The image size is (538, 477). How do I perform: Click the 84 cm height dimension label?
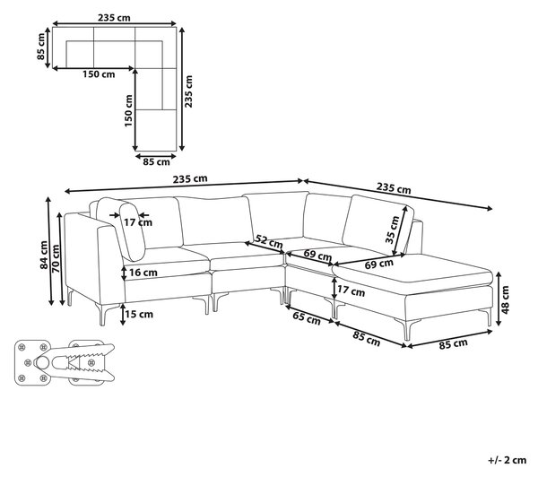tap(44, 255)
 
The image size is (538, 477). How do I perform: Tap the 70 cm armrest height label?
tap(55, 259)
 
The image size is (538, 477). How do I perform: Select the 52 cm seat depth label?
tap(269, 241)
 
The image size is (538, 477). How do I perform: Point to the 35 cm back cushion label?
tap(392, 230)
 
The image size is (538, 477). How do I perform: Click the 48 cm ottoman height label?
tap(505, 300)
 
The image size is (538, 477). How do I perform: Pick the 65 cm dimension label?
tap(307, 318)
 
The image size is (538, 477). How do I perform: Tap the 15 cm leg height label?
tap(140, 314)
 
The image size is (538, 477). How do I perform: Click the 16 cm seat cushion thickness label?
tap(143, 273)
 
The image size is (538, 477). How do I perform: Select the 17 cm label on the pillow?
tap(138, 222)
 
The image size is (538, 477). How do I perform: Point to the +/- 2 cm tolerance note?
tap(508, 460)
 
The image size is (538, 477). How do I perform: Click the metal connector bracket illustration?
tap(65, 362)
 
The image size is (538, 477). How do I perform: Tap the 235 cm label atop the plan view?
tap(114, 18)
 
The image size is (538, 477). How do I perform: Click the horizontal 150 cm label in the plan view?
tap(99, 74)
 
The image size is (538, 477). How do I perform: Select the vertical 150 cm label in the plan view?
tap(128, 110)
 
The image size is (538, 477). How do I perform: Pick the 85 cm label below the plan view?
tap(156, 161)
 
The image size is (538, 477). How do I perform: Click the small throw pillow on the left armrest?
tap(132, 231)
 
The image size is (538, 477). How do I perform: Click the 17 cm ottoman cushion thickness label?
tap(351, 291)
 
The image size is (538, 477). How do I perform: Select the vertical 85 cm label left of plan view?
tap(40, 47)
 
